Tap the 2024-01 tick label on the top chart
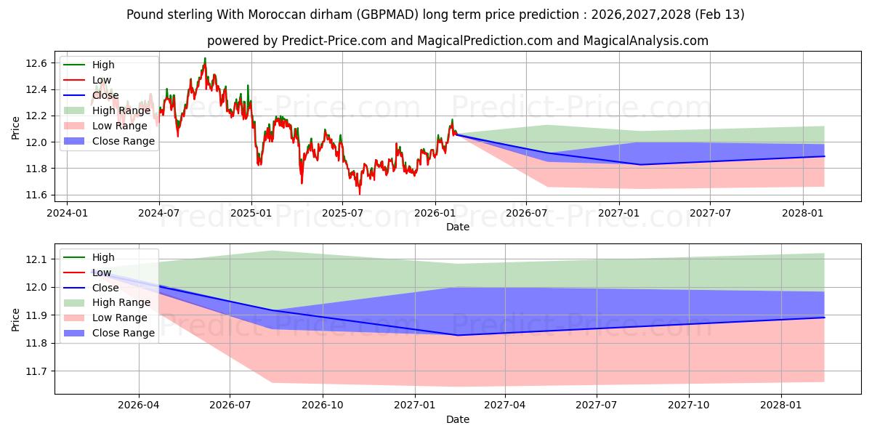67,214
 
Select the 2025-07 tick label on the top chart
342,214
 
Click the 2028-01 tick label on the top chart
802,214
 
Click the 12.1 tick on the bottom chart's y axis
39,259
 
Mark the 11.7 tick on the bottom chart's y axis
39,371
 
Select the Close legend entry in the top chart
105,95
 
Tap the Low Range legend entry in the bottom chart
119,318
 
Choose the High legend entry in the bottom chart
103,257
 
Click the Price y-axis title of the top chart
16,129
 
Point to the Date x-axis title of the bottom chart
458,419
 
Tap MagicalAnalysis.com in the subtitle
635,41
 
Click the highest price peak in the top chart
205,58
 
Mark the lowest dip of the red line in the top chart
359,194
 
